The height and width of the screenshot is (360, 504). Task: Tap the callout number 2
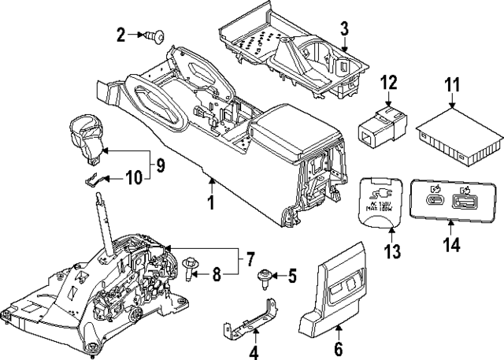pos(120,34)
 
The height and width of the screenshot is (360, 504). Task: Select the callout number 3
pos(344,31)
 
